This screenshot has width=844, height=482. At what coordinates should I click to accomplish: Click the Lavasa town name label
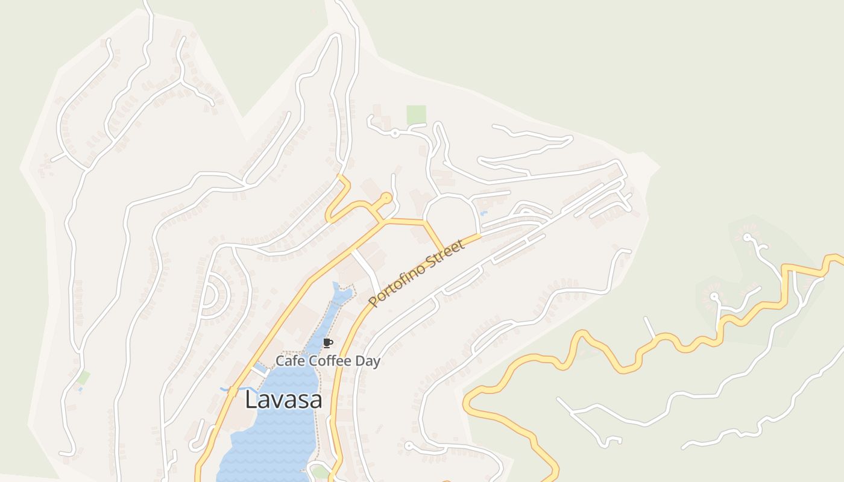pyautogui.click(x=283, y=400)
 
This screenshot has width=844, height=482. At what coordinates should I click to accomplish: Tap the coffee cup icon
pyautogui.click(x=327, y=343)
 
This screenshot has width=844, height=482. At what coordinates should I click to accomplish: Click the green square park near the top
pyautogui.click(x=416, y=114)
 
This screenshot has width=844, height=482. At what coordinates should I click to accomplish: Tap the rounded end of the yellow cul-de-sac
pyautogui.click(x=386, y=197)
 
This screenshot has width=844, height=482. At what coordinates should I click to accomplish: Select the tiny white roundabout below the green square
pyautogui.click(x=394, y=133)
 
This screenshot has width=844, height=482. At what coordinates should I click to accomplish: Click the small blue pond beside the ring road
pyautogui.click(x=483, y=213)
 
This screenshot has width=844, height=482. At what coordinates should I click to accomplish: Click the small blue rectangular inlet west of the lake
pyautogui.click(x=259, y=367)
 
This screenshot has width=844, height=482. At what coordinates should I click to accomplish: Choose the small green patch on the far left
pyautogui.click(x=83, y=378)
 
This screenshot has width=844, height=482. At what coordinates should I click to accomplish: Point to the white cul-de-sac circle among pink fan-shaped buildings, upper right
pyautogui.click(x=748, y=237)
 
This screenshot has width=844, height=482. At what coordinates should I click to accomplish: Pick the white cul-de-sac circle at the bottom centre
pyautogui.click(x=409, y=446)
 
